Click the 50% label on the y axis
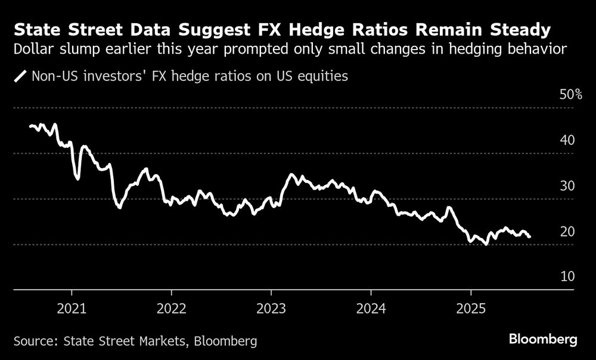tap(570, 95)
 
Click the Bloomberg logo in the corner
tap(543, 340)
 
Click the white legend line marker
tap(20, 76)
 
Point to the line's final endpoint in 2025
tap(530, 237)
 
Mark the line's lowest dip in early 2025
tap(486, 244)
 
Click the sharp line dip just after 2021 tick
tap(77, 178)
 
